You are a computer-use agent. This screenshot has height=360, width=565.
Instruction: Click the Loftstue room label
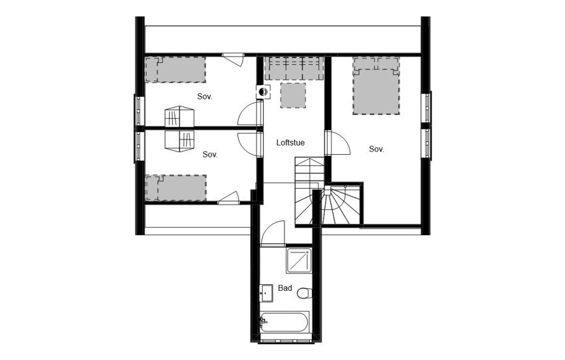click(290, 142)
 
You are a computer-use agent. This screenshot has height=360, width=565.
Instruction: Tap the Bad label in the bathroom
click(285, 288)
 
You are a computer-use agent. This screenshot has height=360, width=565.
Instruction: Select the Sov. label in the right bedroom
click(377, 149)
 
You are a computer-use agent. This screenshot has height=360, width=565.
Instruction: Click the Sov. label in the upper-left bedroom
click(205, 96)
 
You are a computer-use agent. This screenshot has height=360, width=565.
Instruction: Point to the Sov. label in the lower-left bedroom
click(210, 154)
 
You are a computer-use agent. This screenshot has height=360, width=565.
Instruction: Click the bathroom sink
click(266, 292)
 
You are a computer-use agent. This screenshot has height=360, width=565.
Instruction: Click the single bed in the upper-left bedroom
click(176, 69)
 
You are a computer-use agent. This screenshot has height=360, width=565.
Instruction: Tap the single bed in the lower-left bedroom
click(176, 187)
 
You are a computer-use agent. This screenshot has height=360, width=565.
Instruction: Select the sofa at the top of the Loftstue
click(293, 68)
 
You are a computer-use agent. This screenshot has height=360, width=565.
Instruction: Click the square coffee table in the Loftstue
click(292, 95)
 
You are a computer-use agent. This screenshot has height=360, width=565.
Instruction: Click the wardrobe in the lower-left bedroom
click(179, 140)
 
